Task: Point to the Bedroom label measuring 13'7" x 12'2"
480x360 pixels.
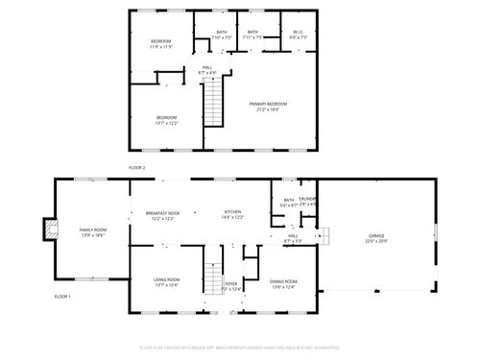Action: coord(167,120)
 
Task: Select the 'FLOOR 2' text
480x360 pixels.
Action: coord(137,168)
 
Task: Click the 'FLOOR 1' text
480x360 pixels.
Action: coord(62,296)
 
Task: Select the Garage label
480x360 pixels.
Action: coord(374,237)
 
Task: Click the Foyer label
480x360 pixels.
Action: coord(231,285)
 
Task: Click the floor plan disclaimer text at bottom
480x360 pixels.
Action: coord(240,347)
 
